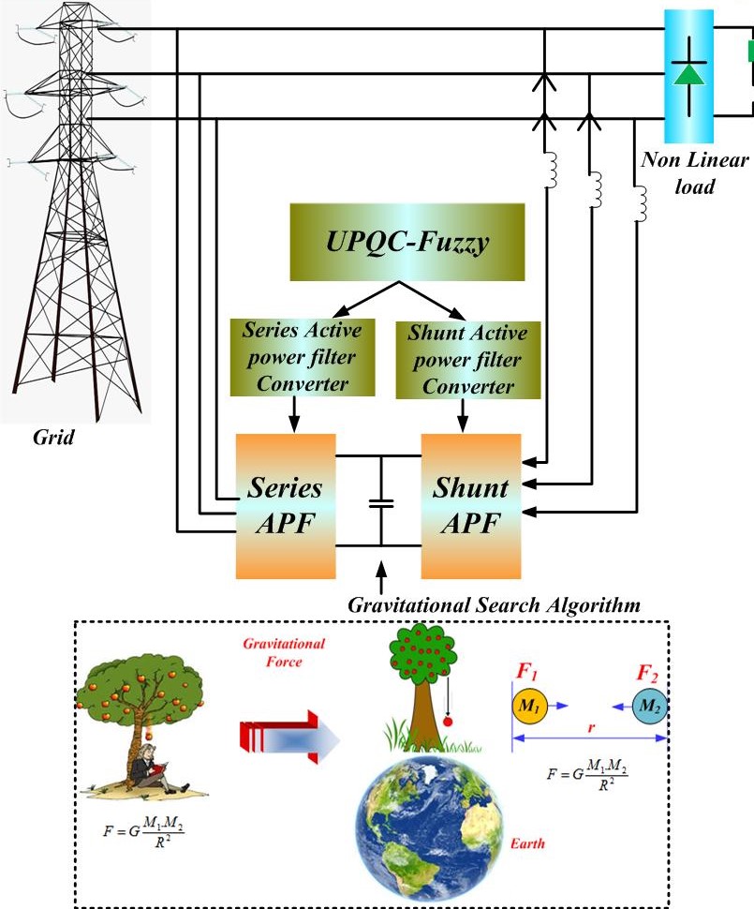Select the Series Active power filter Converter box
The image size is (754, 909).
point(295,358)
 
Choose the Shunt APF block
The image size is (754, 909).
point(470,505)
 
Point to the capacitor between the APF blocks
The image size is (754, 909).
point(381,503)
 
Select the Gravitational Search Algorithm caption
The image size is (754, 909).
point(494,605)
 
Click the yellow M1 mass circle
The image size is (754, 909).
point(527,705)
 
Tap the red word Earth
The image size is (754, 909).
point(528,844)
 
